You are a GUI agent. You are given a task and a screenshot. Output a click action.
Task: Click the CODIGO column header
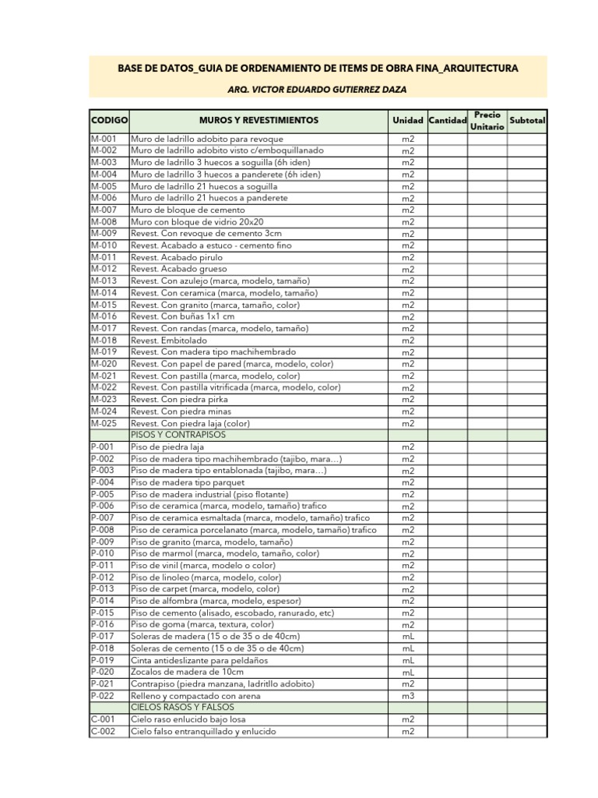tap(109, 121)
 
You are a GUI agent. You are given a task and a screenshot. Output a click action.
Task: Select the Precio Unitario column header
tap(487, 121)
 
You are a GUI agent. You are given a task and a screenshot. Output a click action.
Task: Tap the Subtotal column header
tap(527, 121)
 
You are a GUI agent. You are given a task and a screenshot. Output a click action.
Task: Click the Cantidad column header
tap(447, 121)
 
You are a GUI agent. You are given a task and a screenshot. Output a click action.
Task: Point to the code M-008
tap(104, 222)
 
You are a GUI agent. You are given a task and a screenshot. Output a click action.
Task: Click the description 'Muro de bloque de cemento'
tap(188, 210)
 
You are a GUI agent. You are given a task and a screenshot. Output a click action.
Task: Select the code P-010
tap(103, 553)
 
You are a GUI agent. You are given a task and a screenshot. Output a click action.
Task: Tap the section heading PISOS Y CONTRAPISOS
tap(178, 435)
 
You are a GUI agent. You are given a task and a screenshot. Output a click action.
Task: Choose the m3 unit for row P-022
tap(408, 696)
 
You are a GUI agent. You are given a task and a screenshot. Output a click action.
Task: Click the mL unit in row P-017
tap(408, 637)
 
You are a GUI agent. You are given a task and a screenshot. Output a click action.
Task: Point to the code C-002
tap(103, 732)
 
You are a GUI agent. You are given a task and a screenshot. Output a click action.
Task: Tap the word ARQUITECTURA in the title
tap(479, 69)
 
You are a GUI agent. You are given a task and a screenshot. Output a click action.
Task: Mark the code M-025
tap(104, 423)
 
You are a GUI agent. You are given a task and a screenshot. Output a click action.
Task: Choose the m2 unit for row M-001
tap(408, 139)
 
